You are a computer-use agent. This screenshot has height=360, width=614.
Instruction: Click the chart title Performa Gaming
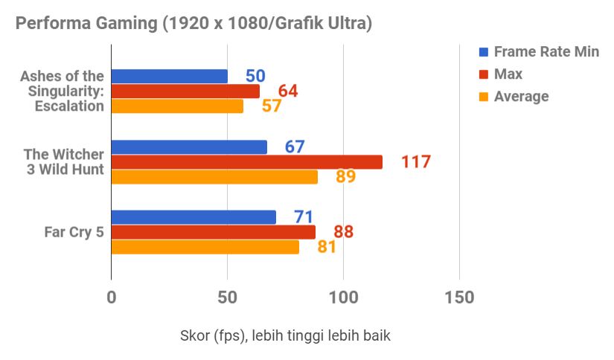[x=194, y=23]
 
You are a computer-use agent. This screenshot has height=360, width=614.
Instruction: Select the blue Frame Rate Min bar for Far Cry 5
[x=194, y=217]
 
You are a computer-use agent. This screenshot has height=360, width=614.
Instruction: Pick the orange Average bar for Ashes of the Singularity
[x=177, y=106]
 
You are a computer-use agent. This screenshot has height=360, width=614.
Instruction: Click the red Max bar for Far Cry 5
[x=214, y=232]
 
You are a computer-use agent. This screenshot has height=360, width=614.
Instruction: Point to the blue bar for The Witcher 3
[x=189, y=147]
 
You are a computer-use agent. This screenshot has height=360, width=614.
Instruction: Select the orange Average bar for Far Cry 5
[x=205, y=247]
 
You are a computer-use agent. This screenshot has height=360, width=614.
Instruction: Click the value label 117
[x=416, y=161]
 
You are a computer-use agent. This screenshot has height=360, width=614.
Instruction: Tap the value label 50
[x=255, y=76]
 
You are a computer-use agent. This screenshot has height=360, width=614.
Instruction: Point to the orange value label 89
[x=345, y=177]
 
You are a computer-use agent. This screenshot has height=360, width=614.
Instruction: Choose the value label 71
[x=303, y=217]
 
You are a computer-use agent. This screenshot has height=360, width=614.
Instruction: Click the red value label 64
[x=288, y=91]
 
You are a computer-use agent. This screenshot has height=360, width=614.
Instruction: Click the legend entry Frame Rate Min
[x=546, y=52]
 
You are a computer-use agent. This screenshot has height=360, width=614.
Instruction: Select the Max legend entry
[x=508, y=74]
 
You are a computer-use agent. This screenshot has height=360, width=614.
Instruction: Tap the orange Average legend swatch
[x=484, y=97]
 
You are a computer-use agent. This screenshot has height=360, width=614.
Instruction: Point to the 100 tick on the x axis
[x=343, y=298]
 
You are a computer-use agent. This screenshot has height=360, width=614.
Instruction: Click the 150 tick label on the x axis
[x=458, y=298]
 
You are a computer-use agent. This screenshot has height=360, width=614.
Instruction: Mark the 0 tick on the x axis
[x=112, y=298]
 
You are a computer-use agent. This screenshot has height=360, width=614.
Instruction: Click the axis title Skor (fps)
[x=285, y=335]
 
